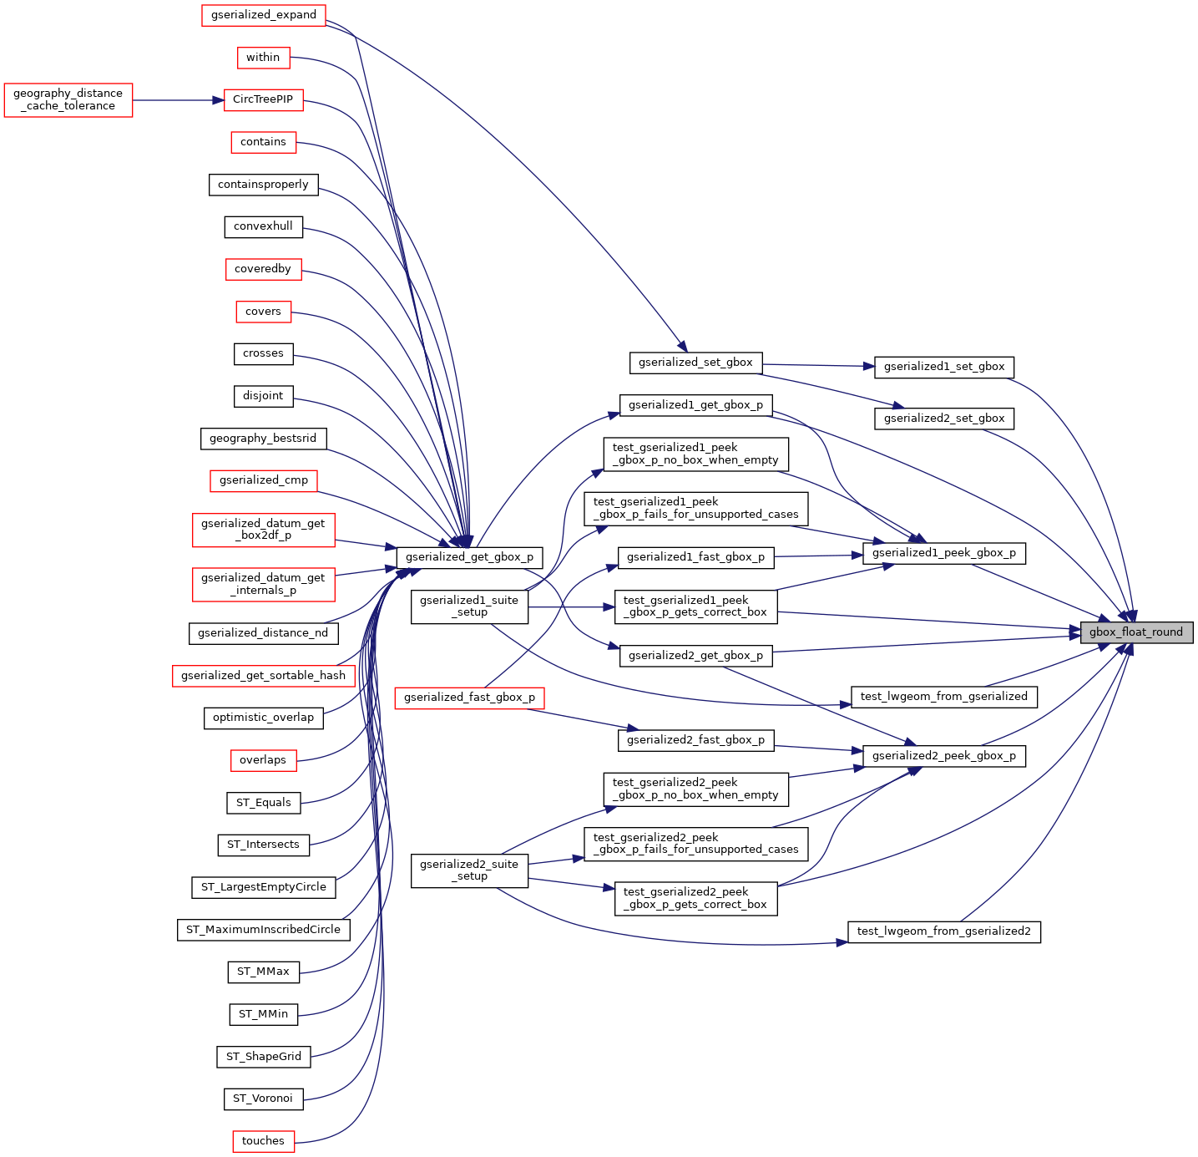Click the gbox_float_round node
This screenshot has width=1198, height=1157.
click(1135, 632)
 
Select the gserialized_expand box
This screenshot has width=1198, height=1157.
click(264, 15)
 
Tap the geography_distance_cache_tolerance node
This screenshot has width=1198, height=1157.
click(68, 100)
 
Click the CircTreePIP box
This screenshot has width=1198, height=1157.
click(263, 99)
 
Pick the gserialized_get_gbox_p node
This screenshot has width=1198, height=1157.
click(469, 557)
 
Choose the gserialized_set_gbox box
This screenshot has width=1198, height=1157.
click(695, 363)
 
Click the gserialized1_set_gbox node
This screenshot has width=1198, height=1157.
click(944, 367)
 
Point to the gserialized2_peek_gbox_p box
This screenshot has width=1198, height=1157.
click(943, 756)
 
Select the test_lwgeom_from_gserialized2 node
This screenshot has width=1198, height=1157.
click(943, 931)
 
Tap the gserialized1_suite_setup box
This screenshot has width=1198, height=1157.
click(469, 606)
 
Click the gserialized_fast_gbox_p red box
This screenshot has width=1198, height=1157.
click(469, 698)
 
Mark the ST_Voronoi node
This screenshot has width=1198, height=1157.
click(263, 1099)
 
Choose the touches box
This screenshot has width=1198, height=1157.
click(263, 1141)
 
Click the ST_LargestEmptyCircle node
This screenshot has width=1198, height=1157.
click(264, 887)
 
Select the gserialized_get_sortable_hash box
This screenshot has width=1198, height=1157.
click(263, 676)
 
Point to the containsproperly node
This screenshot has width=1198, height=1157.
click(263, 185)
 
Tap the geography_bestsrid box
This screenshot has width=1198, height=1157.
click(263, 439)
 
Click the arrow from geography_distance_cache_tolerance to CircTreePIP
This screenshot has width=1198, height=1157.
click(178, 100)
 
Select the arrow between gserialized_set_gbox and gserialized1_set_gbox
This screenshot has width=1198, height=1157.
click(818, 365)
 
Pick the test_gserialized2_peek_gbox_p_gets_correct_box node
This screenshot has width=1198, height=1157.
click(695, 898)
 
